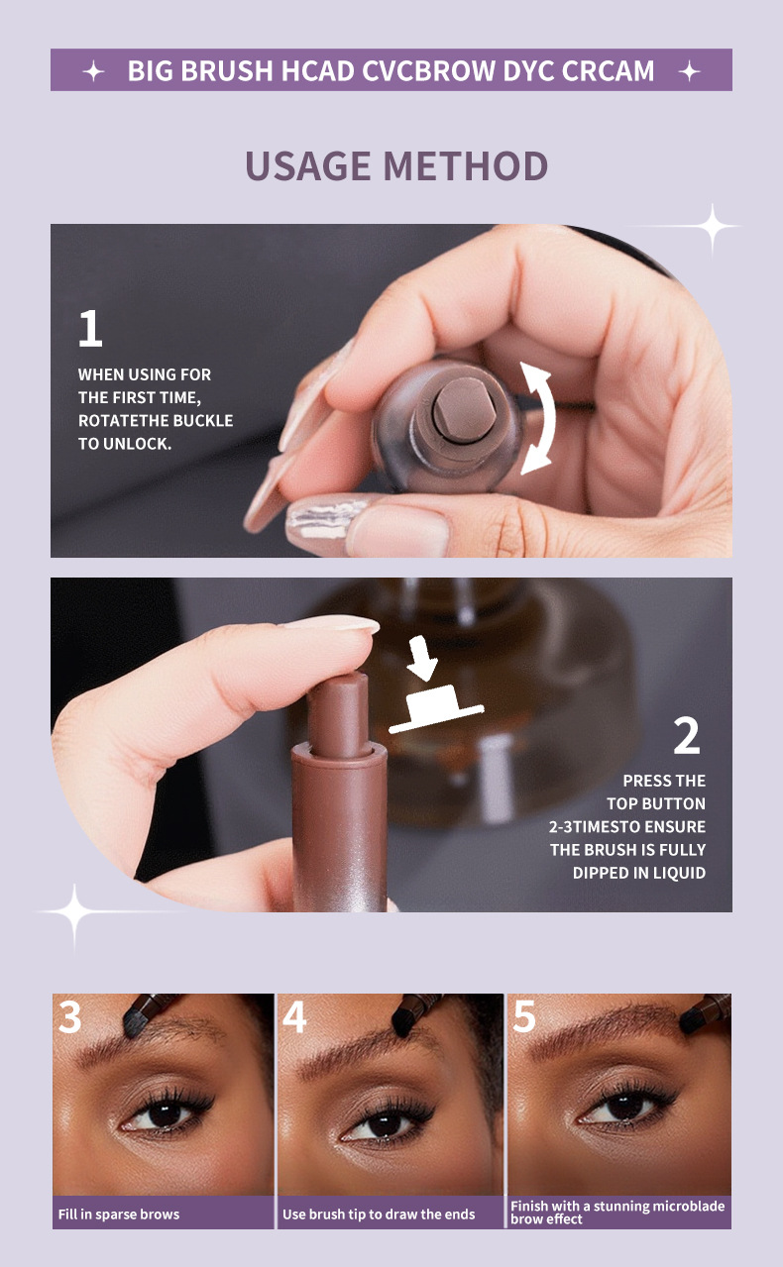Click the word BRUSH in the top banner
227,70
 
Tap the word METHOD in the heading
466,165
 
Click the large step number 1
90,328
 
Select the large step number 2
686,735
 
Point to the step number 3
70,1017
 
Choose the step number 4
294,1016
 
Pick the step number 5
524,1016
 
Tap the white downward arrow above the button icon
422,657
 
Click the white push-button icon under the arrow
436,709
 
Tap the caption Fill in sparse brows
119,1214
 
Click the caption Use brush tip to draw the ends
379,1214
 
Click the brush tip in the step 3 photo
135,1022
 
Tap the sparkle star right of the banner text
689,72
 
